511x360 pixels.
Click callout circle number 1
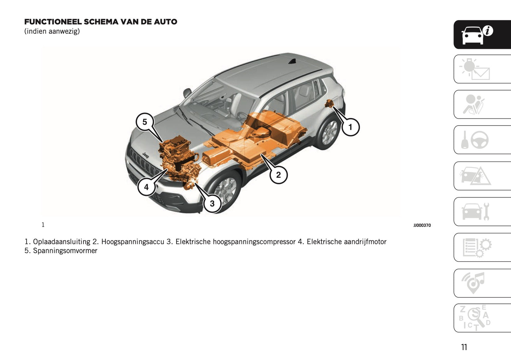pos(350,127)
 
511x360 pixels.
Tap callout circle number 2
pos(278,175)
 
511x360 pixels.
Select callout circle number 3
pos(212,204)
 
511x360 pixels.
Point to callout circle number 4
pos(146,187)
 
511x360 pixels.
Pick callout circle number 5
pos(145,122)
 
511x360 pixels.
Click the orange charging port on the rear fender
pos(330,104)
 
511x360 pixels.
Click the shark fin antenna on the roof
pos(292,62)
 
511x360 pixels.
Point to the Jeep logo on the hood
pos(145,155)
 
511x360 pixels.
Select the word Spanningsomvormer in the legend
pos(65,251)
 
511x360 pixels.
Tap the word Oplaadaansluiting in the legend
pos(62,242)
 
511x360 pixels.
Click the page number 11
pos(464,347)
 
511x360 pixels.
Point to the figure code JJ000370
pos(422,225)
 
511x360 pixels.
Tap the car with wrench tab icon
pos(476,211)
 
